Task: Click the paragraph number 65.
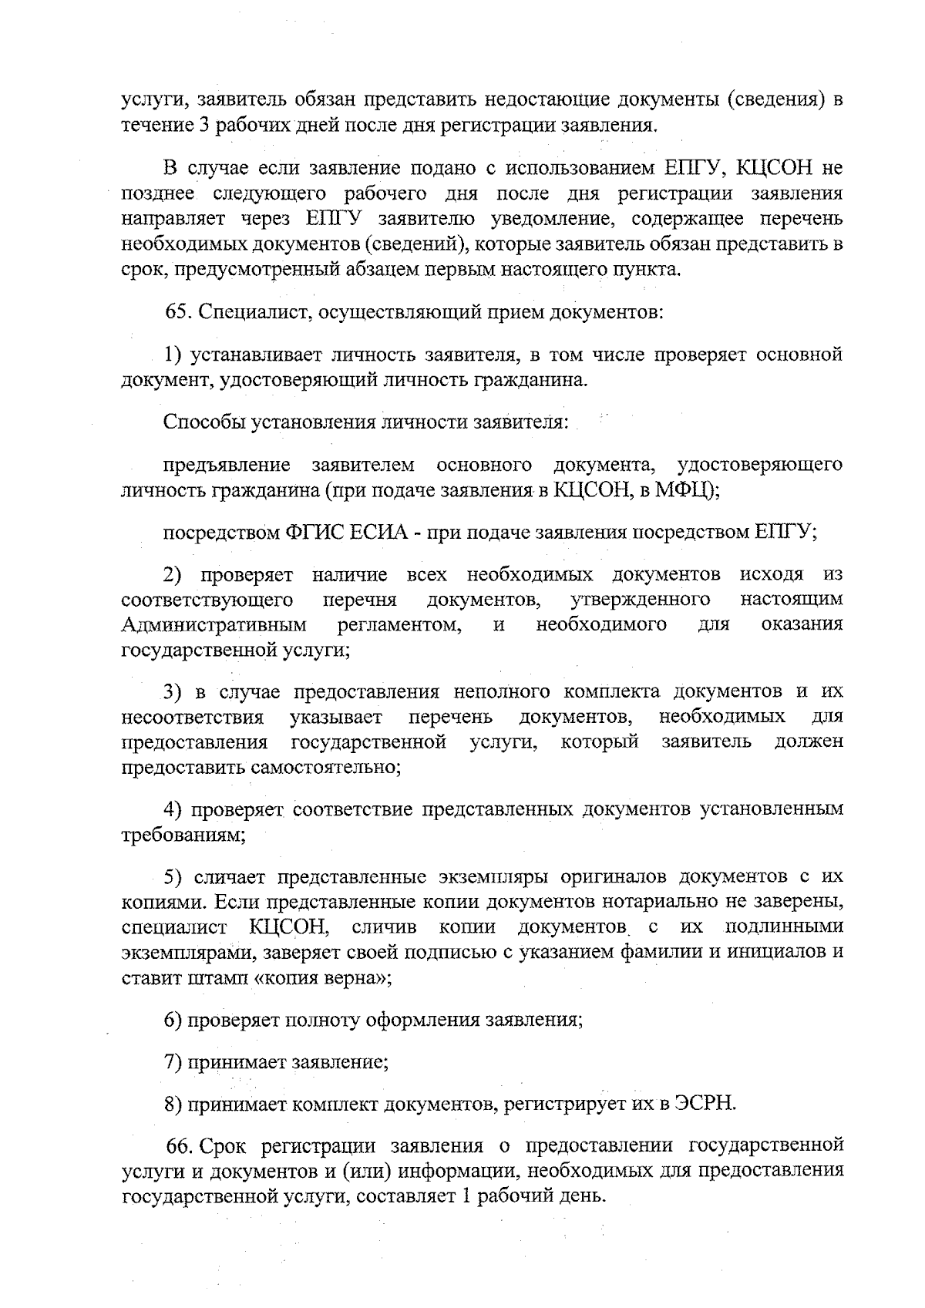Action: point(177,313)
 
